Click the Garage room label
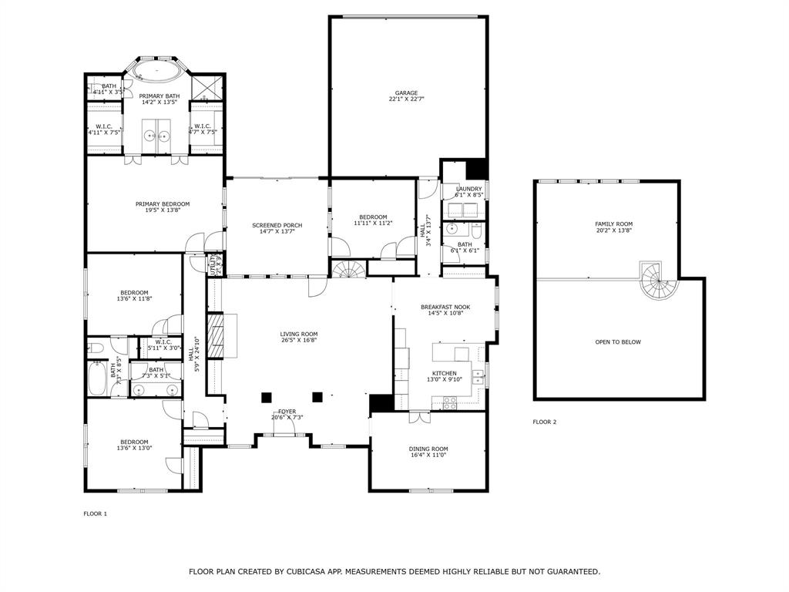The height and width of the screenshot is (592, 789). (407, 92)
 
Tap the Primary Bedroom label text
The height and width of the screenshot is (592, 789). (162, 204)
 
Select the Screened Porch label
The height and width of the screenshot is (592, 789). (277, 225)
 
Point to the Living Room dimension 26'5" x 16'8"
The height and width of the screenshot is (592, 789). (298, 340)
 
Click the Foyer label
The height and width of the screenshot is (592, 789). (287, 412)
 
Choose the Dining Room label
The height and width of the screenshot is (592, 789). (428, 449)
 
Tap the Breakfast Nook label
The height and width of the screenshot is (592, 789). (445, 307)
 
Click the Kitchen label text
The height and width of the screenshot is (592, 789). (444, 373)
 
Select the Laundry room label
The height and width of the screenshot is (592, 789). (468, 189)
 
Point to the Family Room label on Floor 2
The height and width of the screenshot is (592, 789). (613, 224)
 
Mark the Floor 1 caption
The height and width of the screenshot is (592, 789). (95, 513)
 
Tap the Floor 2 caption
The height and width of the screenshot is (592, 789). (544, 422)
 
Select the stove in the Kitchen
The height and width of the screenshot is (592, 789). (449, 401)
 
